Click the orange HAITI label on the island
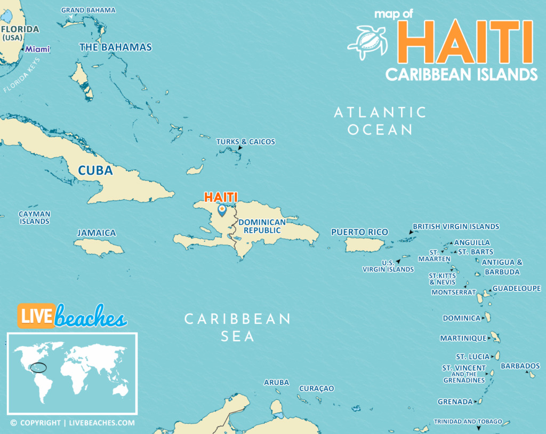point(221,197)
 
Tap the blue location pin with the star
point(222,210)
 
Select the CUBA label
point(95,171)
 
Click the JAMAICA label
point(97,233)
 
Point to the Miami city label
point(38,49)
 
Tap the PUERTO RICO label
point(359,232)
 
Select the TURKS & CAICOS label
point(245,142)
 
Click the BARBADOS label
point(520,366)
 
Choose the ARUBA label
point(276,383)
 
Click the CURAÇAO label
point(316,389)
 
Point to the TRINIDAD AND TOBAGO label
point(468,422)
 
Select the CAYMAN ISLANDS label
point(35,217)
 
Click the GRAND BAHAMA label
point(88,10)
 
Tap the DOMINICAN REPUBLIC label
point(259,226)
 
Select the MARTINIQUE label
point(463,338)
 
